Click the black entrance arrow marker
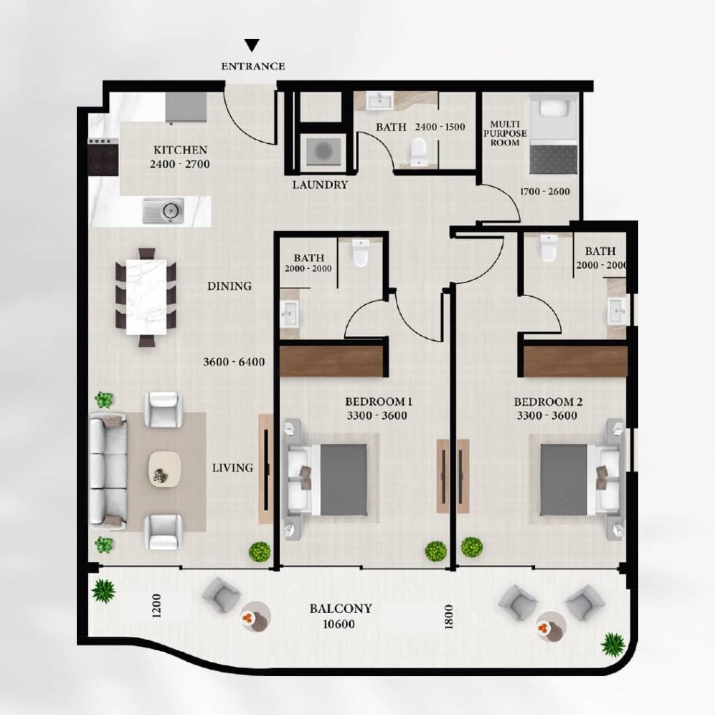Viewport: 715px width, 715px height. pyautogui.click(x=251, y=45)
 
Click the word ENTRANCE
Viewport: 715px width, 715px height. pyautogui.click(x=253, y=66)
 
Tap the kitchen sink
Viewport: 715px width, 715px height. pyautogui.click(x=163, y=211)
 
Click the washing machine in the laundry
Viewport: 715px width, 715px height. pyautogui.click(x=324, y=150)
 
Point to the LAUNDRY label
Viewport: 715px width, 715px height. pyautogui.click(x=320, y=184)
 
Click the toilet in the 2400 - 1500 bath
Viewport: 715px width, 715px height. pyautogui.click(x=418, y=152)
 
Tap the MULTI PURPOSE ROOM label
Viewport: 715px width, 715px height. pyautogui.click(x=505, y=133)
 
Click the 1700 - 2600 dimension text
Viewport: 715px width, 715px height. pyautogui.click(x=545, y=191)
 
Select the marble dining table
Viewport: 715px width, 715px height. pyautogui.click(x=146, y=297)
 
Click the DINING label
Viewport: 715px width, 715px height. pyautogui.click(x=229, y=286)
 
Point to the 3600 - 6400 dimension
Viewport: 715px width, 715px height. pyautogui.click(x=234, y=362)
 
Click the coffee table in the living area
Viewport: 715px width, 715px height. pyautogui.click(x=165, y=469)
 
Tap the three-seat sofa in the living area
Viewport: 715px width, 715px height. pyautogui.click(x=108, y=471)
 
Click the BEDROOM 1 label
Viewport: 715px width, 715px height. pyautogui.click(x=378, y=401)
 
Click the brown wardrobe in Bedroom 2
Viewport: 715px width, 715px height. pyautogui.click(x=575, y=362)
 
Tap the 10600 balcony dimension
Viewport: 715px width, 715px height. pyautogui.click(x=339, y=624)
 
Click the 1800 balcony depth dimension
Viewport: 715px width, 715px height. pyautogui.click(x=449, y=617)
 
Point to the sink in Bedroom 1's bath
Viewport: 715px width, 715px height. pyautogui.click(x=289, y=314)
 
